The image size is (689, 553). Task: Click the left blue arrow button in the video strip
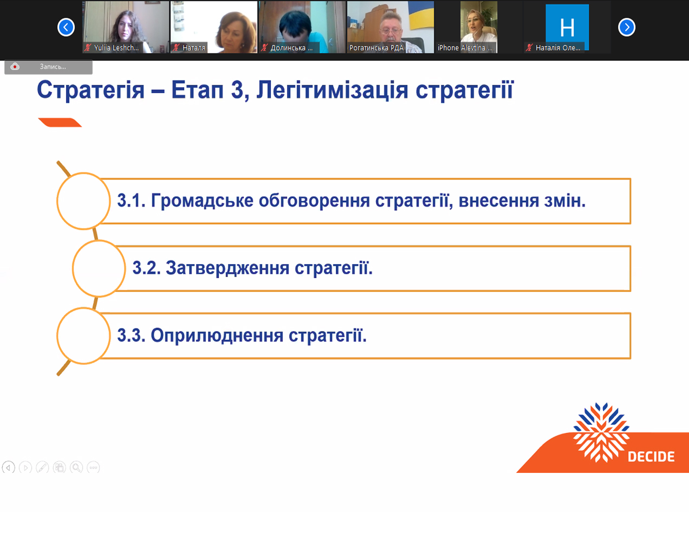(66, 27)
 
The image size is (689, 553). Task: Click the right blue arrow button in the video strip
(627, 27)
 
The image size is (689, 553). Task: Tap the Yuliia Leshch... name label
(116, 48)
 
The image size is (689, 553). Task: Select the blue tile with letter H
(567, 27)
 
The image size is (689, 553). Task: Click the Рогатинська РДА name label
(376, 48)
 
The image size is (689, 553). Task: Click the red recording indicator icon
(15, 67)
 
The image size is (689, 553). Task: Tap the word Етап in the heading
(197, 90)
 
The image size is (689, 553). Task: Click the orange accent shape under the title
(60, 122)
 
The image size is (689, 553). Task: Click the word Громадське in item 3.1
(202, 201)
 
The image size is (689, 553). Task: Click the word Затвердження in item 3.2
(228, 268)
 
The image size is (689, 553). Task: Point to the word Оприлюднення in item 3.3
(217, 336)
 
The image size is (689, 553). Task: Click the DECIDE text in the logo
(651, 457)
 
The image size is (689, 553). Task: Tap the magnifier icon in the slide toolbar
(76, 467)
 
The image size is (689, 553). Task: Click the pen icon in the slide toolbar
(42, 467)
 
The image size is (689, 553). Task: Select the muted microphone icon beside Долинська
(264, 48)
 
